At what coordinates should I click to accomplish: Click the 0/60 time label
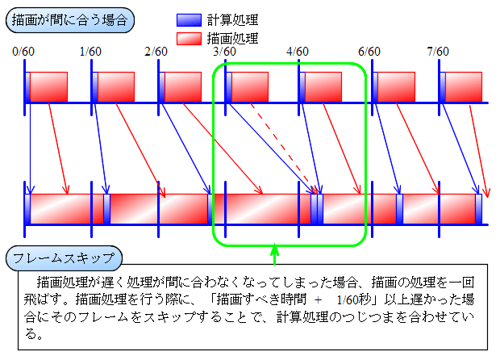pyautogui.click(x=23, y=52)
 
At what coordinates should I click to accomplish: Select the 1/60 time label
pyautogui.click(x=90, y=52)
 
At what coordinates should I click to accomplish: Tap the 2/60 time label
pyautogui.click(x=156, y=52)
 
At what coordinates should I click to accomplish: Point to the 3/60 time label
pyautogui.click(x=224, y=52)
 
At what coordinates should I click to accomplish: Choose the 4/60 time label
pyautogui.click(x=298, y=52)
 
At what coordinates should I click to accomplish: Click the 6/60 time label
pyautogui.click(x=369, y=52)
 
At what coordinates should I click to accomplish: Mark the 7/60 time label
pyautogui.click(x=438, y=52)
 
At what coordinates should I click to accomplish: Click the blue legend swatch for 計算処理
pyautogui.click(x=189, y=20)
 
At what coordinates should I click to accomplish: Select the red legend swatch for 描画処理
pyautogui.click(x=189, y=39)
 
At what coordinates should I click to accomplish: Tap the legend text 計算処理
pyautogui.click(x=232, y=20)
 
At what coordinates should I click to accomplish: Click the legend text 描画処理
pyautogui.click(x=232, y=39)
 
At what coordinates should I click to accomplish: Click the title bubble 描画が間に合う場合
pyautogui.click(x=70, y=20)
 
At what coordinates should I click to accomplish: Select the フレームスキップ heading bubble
pyautogui.click(x=64, y=257)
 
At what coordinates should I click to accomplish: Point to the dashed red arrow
pyautogui.click(x=284, y=149)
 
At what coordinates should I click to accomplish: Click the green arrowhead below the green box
pyautogui.click(x=274, y=249)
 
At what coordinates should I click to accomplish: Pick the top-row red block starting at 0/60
pyautogui.click(x=48, y=87)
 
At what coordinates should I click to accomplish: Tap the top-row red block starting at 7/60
pyautogui.click(x=464, y=87)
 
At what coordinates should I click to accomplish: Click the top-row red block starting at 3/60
pyautogui.click(x=250, y=87)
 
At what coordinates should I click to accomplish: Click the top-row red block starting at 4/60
pyautogui.click(x=323, y=87)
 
